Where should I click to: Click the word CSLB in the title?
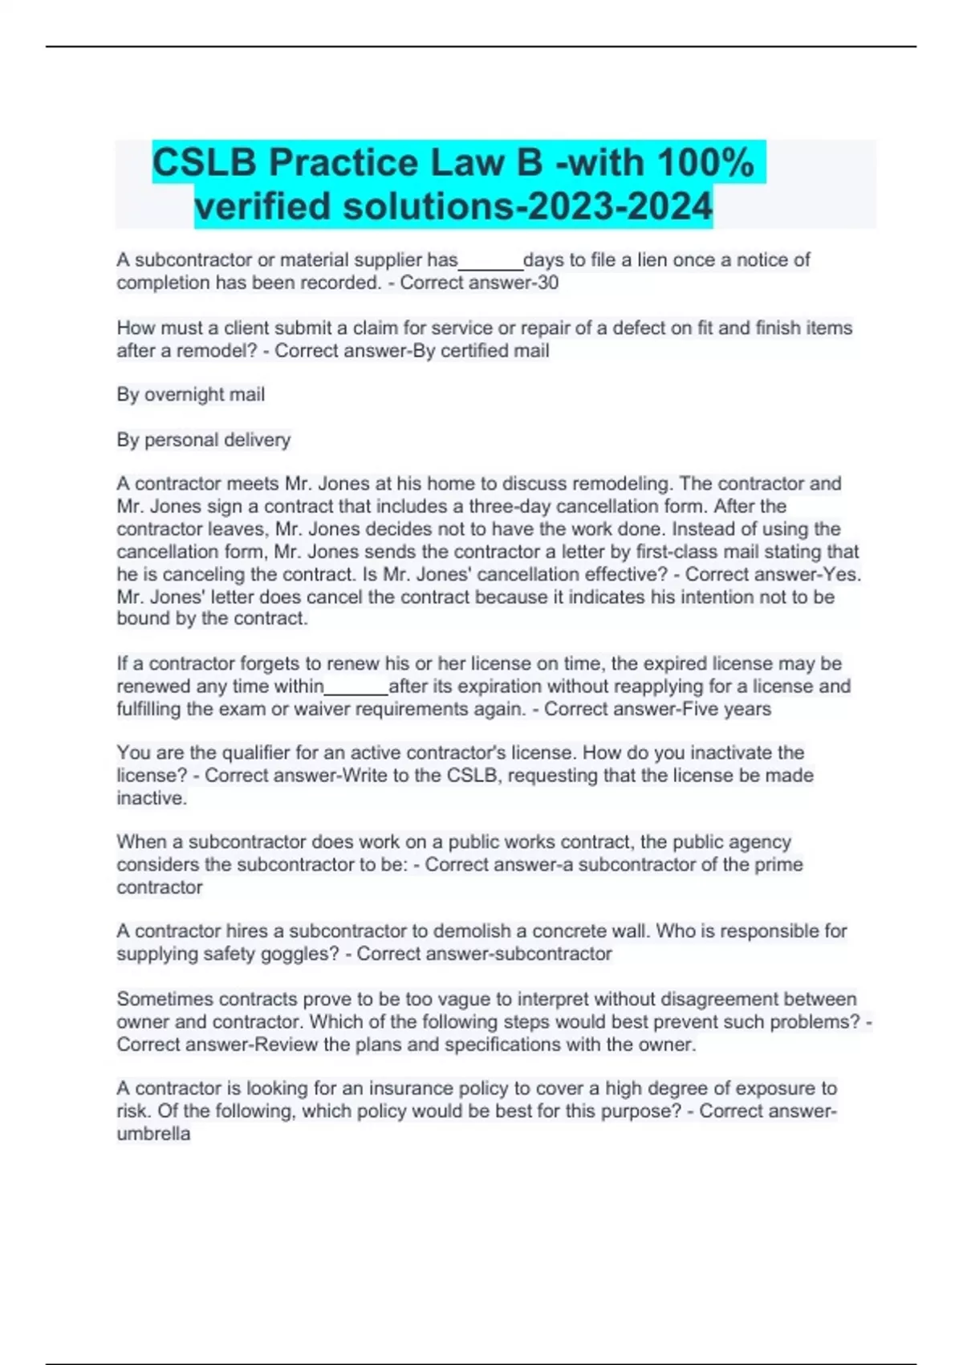tap(204, 163)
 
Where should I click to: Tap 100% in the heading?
tap(705, 163)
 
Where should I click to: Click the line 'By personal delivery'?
tap(204, 440)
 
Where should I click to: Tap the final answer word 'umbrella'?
tap(153, 1134)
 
